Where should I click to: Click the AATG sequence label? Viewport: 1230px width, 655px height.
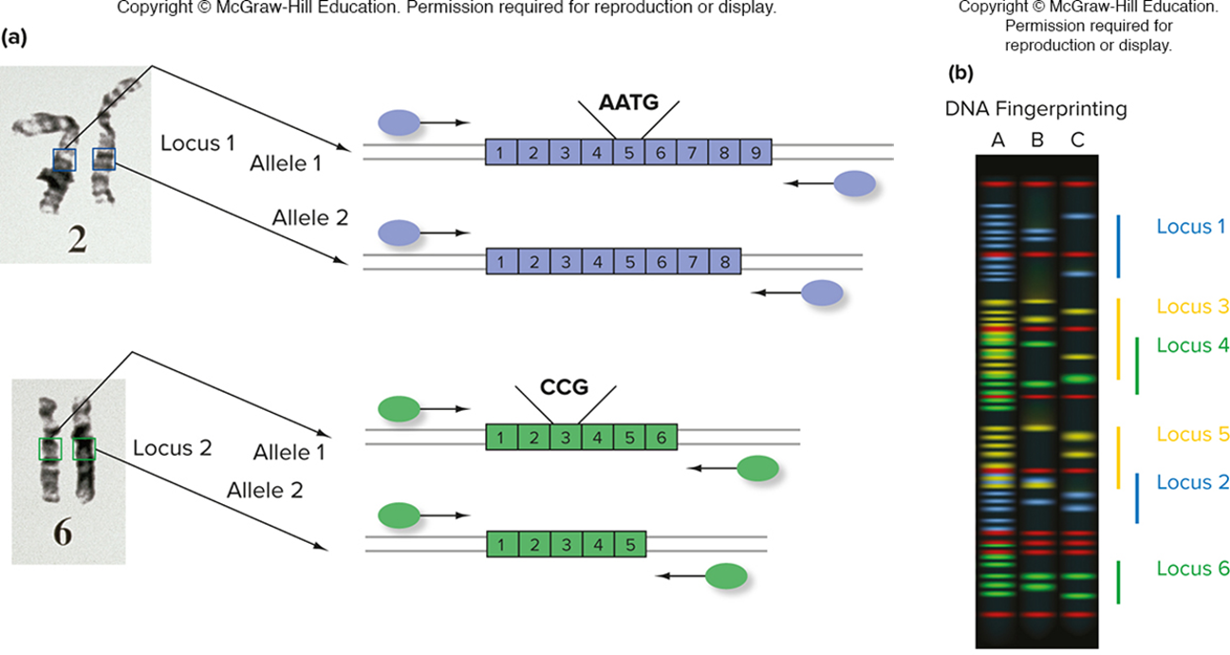click(x=628, y=103)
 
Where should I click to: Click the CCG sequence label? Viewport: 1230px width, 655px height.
click(x=564, y=387)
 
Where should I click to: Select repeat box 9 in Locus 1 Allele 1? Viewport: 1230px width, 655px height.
click(x=755, y=153)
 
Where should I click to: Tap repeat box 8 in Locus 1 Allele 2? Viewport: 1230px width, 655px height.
click(x=725, y=262)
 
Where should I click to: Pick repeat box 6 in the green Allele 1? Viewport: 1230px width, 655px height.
click(x=662, y=438)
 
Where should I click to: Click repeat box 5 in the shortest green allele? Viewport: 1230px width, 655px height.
click(x=630, y=545)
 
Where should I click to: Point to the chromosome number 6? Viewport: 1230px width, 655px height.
click(x=63, y=533)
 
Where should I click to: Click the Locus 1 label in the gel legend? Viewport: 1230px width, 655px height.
click(x=1190, y=227)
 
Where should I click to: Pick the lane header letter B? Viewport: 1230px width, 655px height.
click(x=1036, y=140)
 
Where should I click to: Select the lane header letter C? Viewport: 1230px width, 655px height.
click(x=1076, y=140)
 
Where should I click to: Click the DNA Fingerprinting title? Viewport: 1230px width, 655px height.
click(x=1036, y=109)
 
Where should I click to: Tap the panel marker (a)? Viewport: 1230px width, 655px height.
click(x=13, y=37)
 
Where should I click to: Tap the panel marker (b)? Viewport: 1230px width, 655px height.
click(x=960, y=73)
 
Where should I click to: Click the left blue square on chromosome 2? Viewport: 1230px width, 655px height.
click(x=64, y=159)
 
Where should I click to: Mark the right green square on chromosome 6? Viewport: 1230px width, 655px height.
click(x=84, y=448)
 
